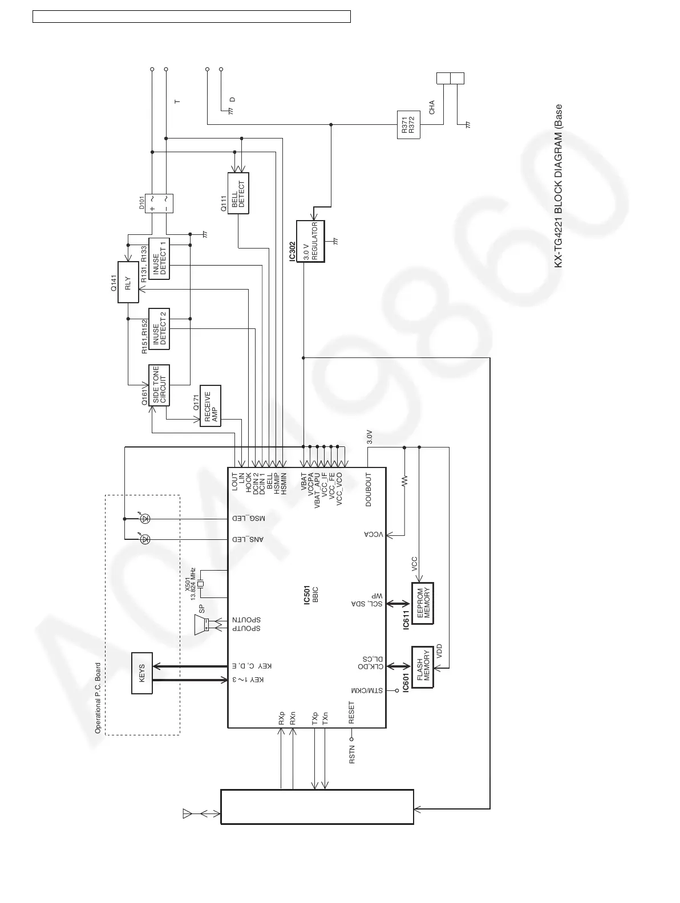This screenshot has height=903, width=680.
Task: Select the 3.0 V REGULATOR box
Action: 310,241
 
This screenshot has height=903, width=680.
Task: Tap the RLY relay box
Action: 128,282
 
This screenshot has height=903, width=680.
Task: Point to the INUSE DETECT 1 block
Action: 159,258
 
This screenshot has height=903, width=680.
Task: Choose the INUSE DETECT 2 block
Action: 159,329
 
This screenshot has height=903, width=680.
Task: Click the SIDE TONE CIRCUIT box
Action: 159,385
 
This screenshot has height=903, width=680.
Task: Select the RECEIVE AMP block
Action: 209,405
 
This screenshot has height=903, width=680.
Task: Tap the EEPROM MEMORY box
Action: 423,603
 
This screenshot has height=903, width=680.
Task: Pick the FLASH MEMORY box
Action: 423,667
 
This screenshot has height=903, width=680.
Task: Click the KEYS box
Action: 142,673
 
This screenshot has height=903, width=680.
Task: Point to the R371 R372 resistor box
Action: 408,125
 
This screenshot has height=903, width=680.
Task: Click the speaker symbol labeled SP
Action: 202,625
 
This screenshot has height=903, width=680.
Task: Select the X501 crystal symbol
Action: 200,584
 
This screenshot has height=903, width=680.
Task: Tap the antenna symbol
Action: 187,813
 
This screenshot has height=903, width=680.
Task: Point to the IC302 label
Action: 292,249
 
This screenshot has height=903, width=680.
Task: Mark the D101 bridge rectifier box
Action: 160,204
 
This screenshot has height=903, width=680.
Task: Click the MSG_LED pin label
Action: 249,519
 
